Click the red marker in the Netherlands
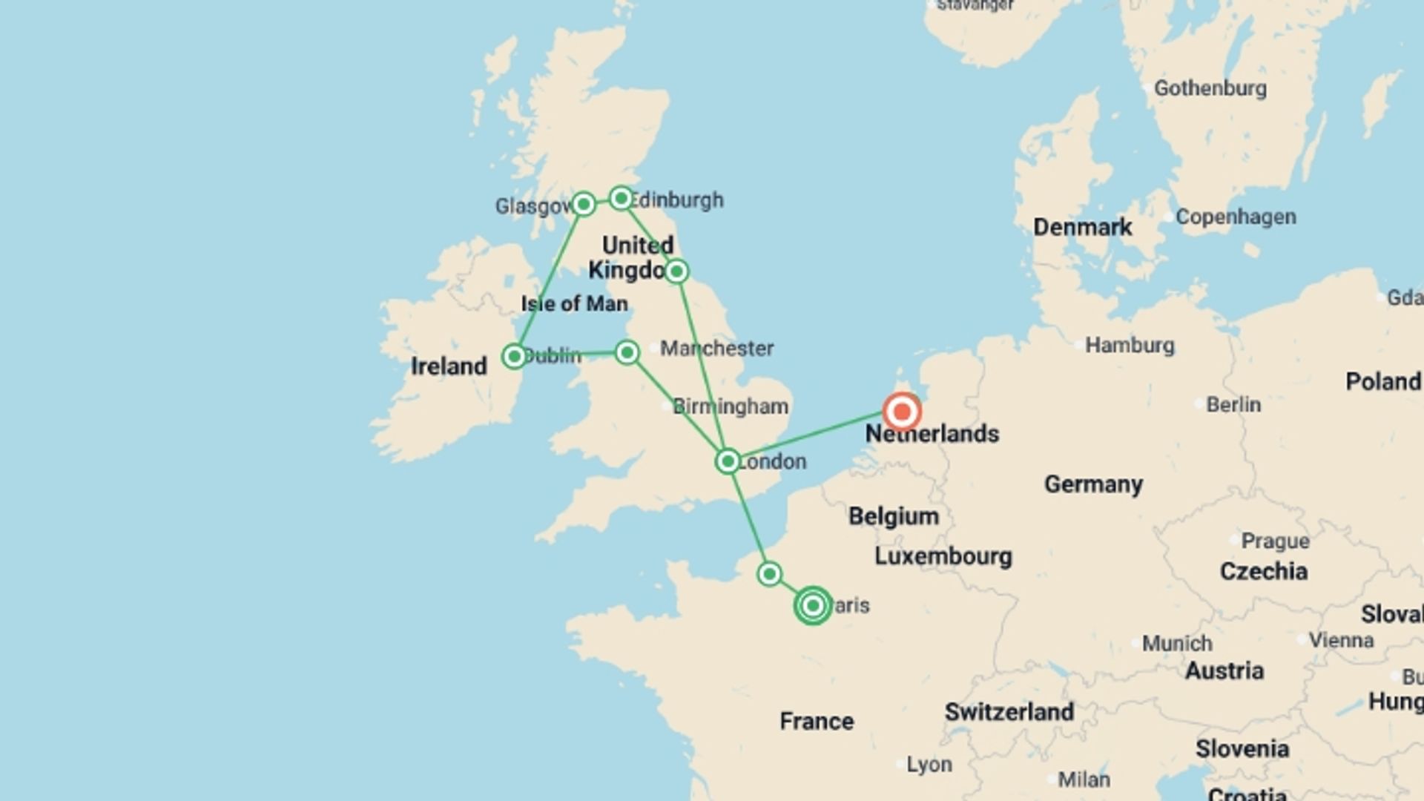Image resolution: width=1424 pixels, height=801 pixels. (902, 412)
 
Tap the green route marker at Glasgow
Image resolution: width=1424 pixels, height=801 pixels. (583, 203)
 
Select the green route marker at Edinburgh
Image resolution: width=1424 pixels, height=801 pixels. (621, 198)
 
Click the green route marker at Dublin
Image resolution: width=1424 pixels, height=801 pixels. (514, 356)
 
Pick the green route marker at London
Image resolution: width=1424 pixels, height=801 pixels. (728, 461)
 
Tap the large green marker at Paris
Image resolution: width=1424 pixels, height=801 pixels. (813, 606)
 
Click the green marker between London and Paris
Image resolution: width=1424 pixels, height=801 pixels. (769, 574)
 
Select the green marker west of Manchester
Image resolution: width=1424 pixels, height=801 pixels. (627, 352)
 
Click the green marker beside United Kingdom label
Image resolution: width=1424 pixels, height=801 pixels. (676, 271)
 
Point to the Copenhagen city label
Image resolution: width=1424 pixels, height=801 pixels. (1236, 217)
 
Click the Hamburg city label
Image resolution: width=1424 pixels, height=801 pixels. (1130, 346)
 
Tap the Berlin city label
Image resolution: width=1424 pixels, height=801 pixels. (1233, 405)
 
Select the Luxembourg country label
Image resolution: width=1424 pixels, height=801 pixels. (943, 556)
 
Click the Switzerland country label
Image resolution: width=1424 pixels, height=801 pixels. (1009, 712)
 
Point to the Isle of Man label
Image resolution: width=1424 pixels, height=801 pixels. (574, 304)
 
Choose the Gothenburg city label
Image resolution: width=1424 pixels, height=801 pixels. (1210, 88)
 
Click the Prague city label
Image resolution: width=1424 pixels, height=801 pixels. (1275, 541)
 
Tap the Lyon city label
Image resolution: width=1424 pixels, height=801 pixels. (929, 765)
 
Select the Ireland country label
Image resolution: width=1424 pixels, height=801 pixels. (449, 366)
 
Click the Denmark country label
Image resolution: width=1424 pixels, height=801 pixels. (1082, 228)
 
